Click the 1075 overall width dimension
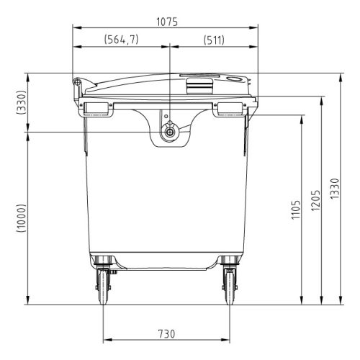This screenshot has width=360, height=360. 166,22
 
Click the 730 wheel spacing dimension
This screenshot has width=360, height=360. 166,333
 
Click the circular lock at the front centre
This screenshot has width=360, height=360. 170,132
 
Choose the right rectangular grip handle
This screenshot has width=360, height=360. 230,108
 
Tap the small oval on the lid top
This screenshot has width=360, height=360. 234,78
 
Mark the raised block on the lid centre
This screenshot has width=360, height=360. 200,86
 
